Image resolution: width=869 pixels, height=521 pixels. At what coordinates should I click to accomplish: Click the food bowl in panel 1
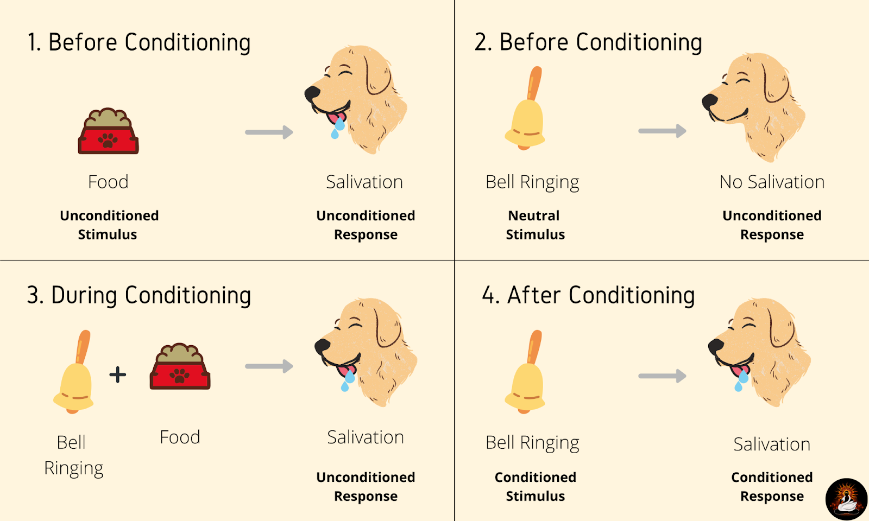coord(108,131)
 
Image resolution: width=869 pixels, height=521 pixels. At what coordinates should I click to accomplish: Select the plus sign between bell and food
coord(118,374)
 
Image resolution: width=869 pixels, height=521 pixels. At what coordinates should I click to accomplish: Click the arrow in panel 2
coord(662,131)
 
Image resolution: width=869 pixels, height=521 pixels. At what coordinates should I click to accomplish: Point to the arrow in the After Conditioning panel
coord(662,376)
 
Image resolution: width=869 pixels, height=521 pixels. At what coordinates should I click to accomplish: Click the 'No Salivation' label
coord(772,182)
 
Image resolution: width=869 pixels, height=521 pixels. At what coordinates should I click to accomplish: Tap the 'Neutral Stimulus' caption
coord(535,225)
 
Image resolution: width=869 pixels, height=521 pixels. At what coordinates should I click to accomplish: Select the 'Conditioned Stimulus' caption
coord(535,486)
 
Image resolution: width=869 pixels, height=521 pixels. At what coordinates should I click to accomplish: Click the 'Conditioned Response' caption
coord(772,486)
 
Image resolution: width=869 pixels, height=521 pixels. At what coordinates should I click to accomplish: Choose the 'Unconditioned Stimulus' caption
coord(109,225)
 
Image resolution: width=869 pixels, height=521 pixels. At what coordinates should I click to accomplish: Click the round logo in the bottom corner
coord(846,499)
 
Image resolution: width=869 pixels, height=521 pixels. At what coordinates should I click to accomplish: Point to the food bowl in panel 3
coord(180,367)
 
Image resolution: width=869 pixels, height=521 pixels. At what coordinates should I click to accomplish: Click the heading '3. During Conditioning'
coord(139,296)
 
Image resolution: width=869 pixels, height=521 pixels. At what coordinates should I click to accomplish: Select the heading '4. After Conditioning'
coord(588,296)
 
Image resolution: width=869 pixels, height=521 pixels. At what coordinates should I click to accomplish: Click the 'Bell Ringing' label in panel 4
coord(532,443)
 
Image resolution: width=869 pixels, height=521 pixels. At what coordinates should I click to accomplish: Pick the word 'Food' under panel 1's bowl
coord(108,182)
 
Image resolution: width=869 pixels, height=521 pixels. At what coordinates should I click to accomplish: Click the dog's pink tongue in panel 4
coord(736,371)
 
